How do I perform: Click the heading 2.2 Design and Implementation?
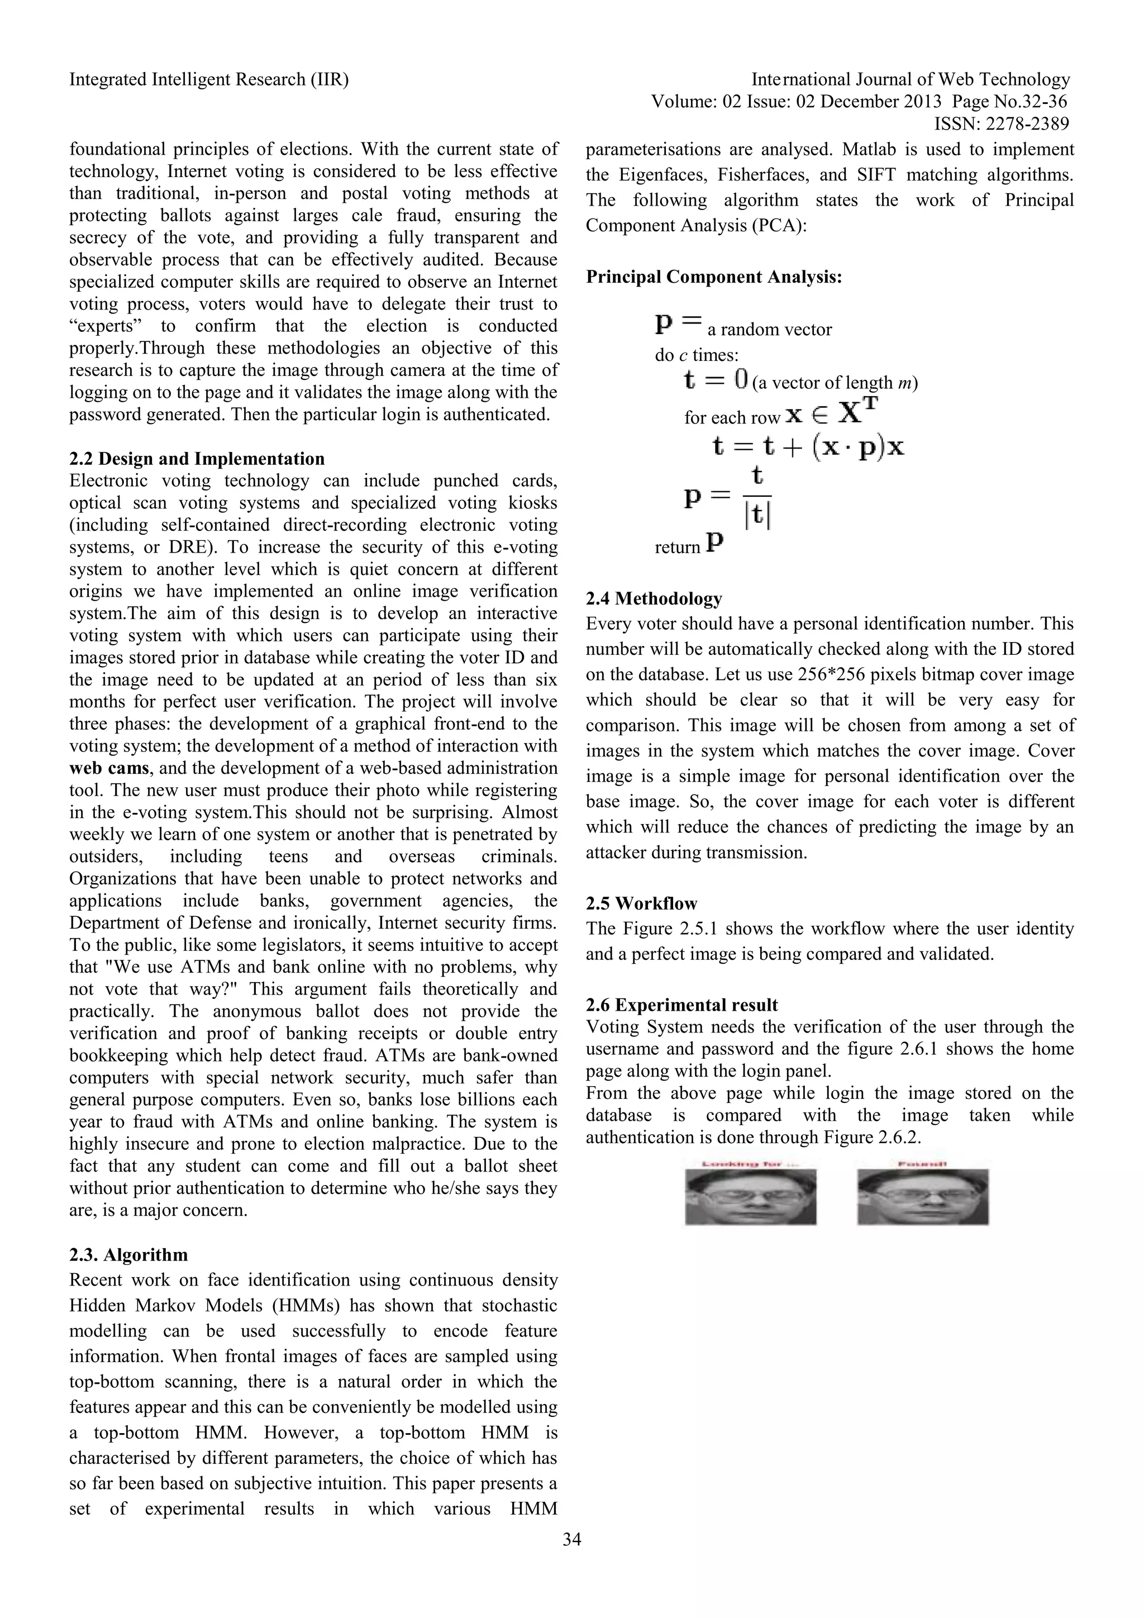(x=197, y=459)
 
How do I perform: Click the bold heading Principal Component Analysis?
(x=713, y=277)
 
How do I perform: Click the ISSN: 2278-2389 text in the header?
(x=1001, y=124)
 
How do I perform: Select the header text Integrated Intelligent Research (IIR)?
(x=208, y=80)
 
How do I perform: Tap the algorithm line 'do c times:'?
(x=696, y=355)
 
